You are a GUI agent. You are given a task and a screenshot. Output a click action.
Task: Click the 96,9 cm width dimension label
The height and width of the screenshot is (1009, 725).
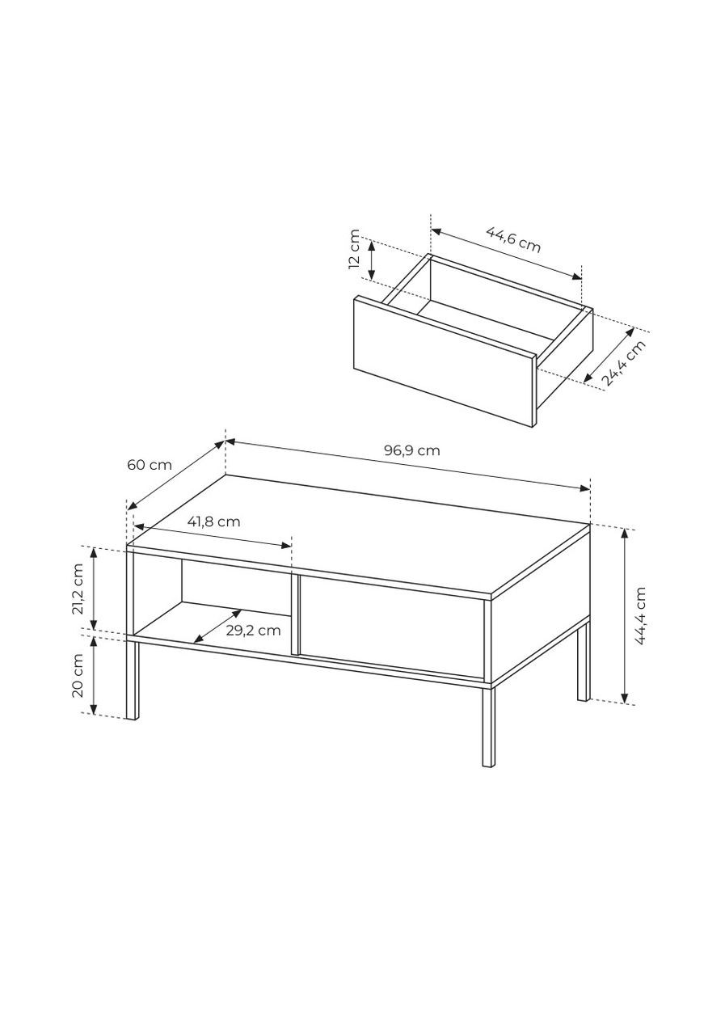(x=411, y=450)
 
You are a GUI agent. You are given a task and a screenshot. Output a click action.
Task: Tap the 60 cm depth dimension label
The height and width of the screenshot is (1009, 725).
(x=150, y=465)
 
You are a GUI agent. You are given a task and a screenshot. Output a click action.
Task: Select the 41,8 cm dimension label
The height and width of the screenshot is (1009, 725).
(x=213, y=522)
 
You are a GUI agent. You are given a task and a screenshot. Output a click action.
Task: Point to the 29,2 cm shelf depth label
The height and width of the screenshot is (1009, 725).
(x=253, y=630)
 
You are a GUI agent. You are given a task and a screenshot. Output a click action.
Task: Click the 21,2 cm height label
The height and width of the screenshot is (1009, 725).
(x=78, y=589)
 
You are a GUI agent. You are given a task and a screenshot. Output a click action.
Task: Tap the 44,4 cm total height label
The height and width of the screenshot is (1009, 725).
(x=639, y=616)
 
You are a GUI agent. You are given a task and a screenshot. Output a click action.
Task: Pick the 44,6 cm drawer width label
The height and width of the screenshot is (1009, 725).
(x=513, y=239)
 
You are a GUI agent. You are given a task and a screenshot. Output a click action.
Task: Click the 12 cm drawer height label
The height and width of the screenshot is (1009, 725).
(x=355, y=249)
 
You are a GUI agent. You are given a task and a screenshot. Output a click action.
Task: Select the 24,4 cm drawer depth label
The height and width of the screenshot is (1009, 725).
(x=623, y=364)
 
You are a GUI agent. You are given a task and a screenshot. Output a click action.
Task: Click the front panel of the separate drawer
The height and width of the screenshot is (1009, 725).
(x=444, y=361)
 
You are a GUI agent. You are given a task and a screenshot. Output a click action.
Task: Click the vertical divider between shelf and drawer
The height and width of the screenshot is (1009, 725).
(x=295, y=614)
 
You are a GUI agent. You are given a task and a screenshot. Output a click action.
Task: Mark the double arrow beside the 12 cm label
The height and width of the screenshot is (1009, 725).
(x=371, y=260)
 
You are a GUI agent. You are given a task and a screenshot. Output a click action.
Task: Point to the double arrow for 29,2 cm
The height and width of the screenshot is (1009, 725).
(x=218, y=626)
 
